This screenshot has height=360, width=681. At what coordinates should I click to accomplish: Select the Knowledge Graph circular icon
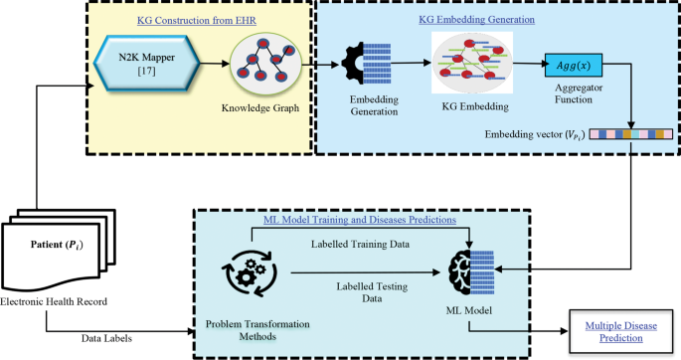(262, 66)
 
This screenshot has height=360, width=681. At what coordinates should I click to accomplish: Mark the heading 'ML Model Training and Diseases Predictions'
(360, 220)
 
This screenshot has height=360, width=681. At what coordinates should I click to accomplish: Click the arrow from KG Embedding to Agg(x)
(526, 68)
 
